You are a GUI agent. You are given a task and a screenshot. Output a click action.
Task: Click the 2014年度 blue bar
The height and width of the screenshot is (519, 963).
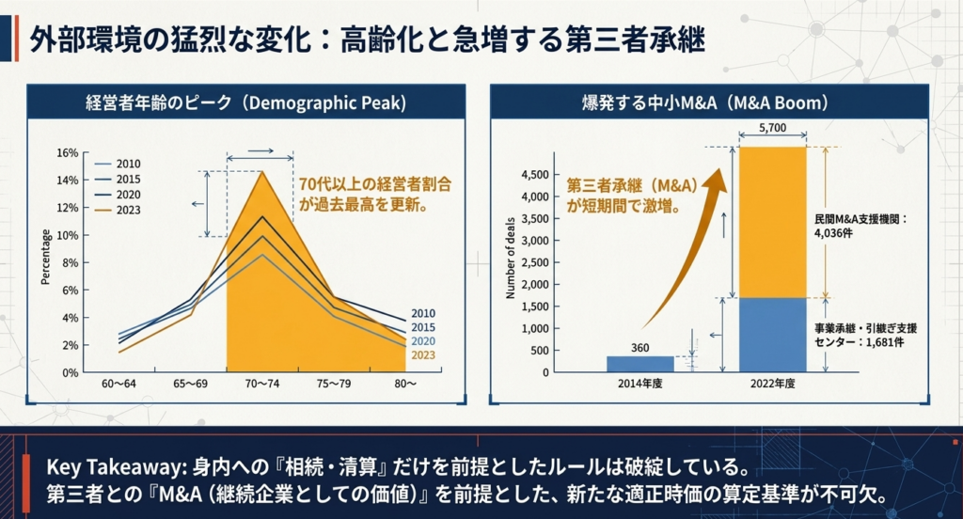click(639, 364)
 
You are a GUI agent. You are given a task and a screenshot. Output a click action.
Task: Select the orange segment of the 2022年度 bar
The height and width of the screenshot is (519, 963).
click(773, 222)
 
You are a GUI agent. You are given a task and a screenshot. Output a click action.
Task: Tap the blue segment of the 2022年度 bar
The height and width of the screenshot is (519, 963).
click(773, 336)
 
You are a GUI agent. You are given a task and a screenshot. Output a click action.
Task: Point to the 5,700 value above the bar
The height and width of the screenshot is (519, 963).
click(773, 128)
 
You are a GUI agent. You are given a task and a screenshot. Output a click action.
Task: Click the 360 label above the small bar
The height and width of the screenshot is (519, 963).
click(639, 348)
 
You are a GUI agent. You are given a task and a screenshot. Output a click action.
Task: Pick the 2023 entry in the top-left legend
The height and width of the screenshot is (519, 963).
click(119, 210)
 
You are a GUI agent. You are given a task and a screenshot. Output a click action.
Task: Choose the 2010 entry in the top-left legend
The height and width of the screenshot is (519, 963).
click(119, 164)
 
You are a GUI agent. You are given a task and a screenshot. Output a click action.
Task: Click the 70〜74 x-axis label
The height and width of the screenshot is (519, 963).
click(262, 384)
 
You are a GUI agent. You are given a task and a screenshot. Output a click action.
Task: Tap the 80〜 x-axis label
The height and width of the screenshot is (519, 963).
click(405, 384)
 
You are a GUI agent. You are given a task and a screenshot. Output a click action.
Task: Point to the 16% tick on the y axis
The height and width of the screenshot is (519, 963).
click(68, 153)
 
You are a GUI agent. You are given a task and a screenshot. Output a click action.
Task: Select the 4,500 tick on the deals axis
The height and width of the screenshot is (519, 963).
click(535, 175)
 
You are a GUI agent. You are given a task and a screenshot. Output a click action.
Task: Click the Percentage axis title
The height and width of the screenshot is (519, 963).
click(45, 257)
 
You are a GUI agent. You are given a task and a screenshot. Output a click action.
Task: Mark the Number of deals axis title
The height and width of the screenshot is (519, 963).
click(511, 258)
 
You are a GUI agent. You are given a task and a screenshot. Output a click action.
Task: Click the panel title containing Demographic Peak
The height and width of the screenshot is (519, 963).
click(245, 102)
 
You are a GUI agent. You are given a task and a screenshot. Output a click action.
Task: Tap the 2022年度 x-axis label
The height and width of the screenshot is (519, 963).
click(773, 384)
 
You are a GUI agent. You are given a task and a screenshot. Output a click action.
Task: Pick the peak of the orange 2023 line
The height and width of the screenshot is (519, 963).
click(262, 171)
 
